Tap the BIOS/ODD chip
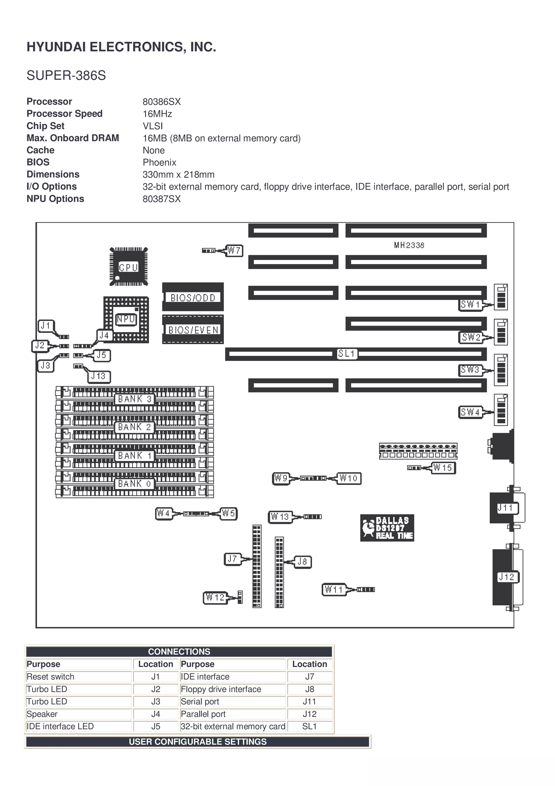tap(193, 297)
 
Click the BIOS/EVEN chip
tap(193, 329)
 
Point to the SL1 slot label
tap(347, 354)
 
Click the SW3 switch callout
tap(470, 370)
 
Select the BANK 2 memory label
tap(134, 427)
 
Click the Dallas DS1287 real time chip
tap(387, 528)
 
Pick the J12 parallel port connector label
tap(507, 577)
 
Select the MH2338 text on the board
tap(409, 245)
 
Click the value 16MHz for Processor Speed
tap(157, 114)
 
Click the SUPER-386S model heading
tap(66, 75)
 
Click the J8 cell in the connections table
tap(309, 689)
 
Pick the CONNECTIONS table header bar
tap(179, 651)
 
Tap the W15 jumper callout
tap(443, 468)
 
